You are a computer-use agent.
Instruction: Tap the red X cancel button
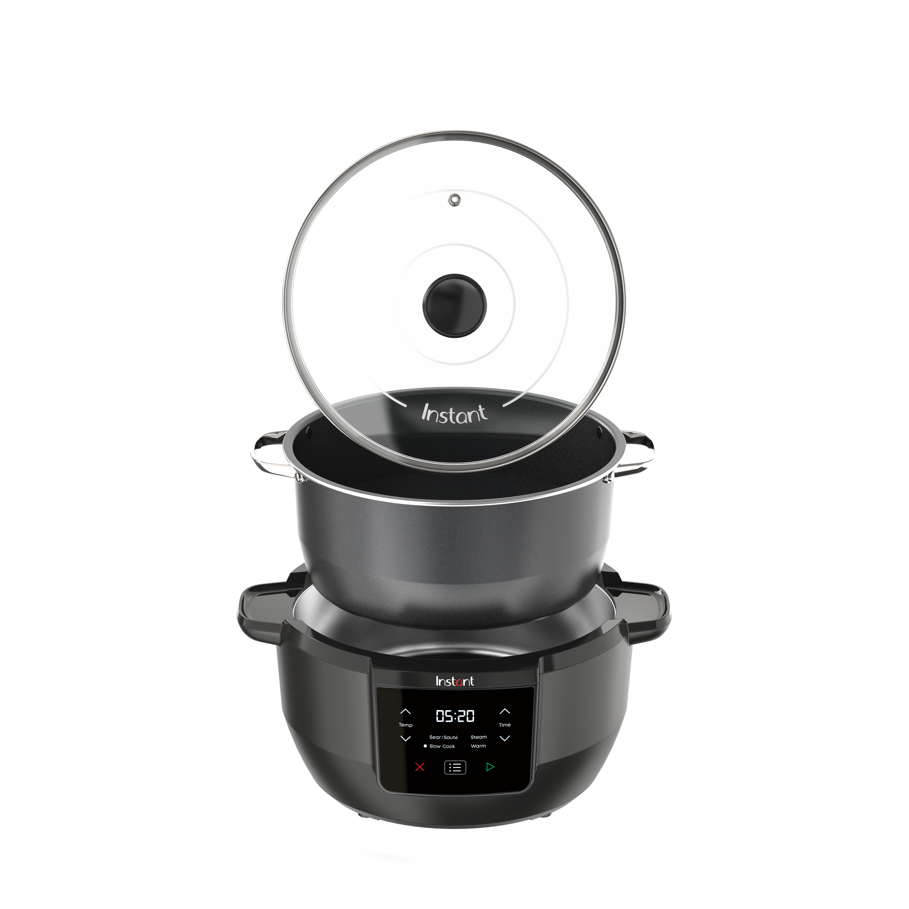pyautogui.click(x=420, y=767)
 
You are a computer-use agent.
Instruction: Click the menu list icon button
pyautogui.click(x=455, y=767)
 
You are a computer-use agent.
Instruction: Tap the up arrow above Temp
pyautogui.click(x=406, y=712)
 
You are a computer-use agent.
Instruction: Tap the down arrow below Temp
pyautogui.click(x=406, y=739)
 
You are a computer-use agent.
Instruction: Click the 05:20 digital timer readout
pyautogui.click(x=455, y=716)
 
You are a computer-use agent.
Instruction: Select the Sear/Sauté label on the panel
pyautogui.click(x=444, y=737)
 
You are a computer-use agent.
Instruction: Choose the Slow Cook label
pyautogui.click(x=442, y=746)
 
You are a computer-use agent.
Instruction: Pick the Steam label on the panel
pyautogui.click(x=479, y=737)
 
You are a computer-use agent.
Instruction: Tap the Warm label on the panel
pyautogui.click(x=478, y=746)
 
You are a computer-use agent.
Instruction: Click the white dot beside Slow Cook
pyautogui.click(x=425, y=746)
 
